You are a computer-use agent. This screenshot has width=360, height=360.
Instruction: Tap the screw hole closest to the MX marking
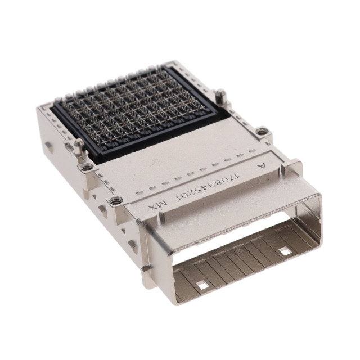pyautogui.click(x=116, y=201)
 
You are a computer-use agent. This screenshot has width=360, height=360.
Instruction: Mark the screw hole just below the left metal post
pyautogui.click(x=86, y=167)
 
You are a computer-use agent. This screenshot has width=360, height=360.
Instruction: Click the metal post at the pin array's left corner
pyautogui.click(x=79, y=146)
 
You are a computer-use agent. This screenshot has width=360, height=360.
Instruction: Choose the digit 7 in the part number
pyautogui.click(x=231, y=179)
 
